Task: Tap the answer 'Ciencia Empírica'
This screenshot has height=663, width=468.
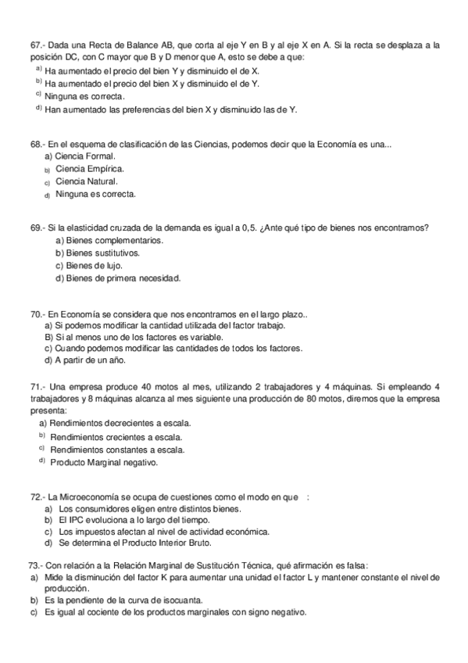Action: click(89, 169)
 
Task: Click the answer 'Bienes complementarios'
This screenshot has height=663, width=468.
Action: click(114, 240)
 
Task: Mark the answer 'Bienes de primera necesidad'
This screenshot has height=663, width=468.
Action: click(123, 278)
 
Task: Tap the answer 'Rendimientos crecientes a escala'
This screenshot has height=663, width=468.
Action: click(116, 437)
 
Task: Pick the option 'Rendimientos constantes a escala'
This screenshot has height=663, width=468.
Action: click(117, 450)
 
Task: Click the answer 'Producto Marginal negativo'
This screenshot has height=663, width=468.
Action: click(104, 462)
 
